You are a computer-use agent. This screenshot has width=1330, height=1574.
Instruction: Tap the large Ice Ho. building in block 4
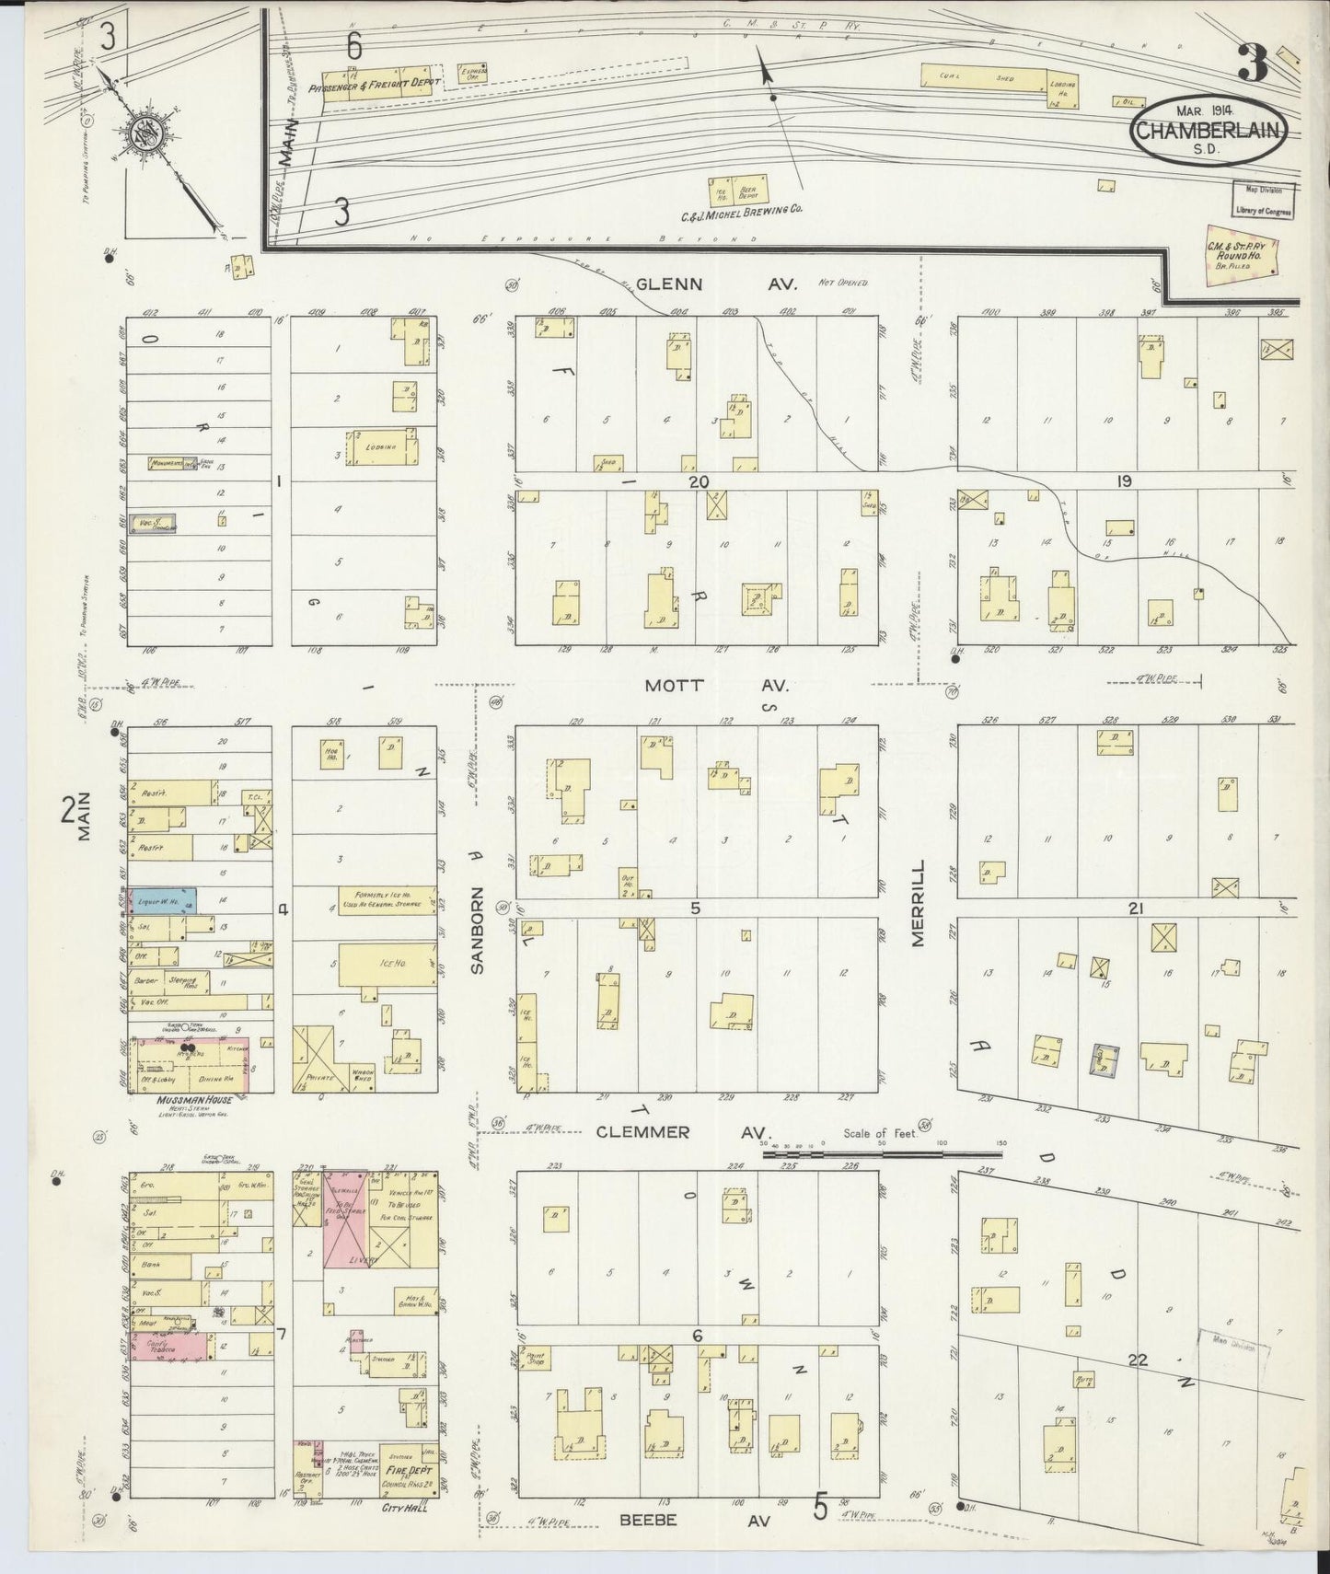387,964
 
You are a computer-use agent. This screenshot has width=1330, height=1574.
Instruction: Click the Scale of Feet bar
882,1152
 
